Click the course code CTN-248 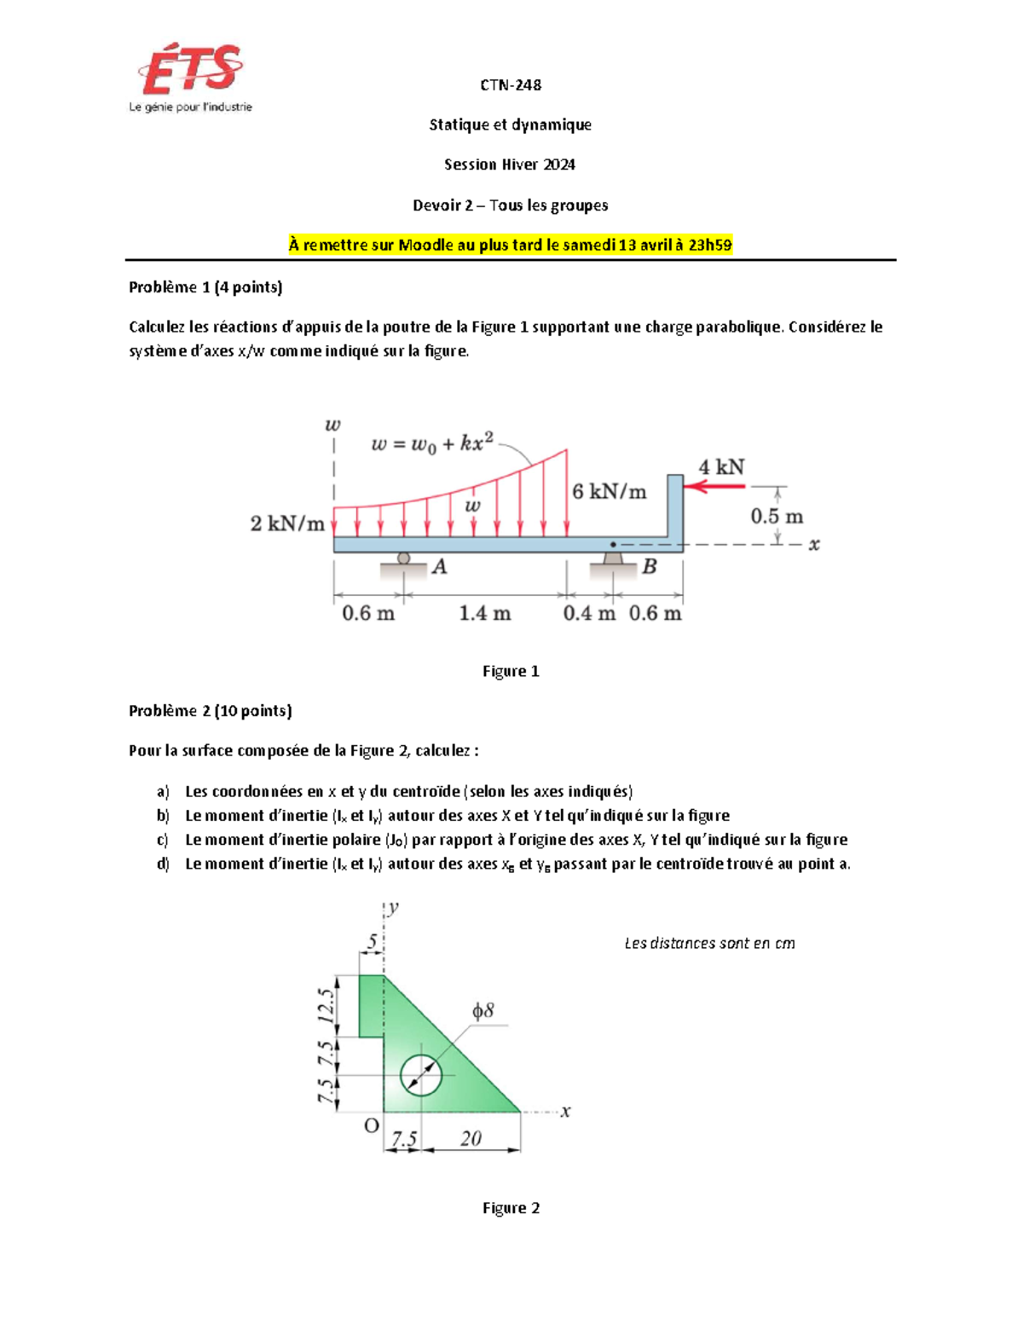[x=510, y=84]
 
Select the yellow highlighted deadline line [x=510, y=246]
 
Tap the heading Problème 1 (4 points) [x=205, y=287]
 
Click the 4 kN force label [x=721, y=467]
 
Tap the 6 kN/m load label [x=609, y=492]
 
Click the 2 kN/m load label [x=287, y=523]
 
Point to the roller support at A [x=404, y=559]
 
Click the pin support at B [x=613, y=560]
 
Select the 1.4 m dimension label [x=484, y=613]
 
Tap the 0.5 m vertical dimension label [x=776, y=517]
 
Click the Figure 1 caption [x=510, y=671]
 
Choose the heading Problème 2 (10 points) [x=210, y=711]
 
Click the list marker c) [x=163, y=840]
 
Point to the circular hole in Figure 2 [x=420, y=1074]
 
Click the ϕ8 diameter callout [x=483, y=1011]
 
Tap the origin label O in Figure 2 [x=371, y=1126]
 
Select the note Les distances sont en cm [x=709, y=943]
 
